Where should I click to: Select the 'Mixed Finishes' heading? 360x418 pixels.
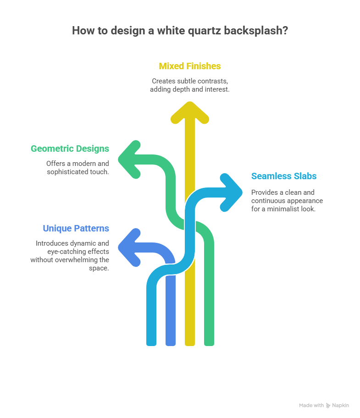point(190,66)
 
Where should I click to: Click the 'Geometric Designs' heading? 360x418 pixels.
point(70,148)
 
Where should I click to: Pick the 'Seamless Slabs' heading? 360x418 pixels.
point(284,176)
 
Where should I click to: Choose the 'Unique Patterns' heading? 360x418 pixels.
point(76,228)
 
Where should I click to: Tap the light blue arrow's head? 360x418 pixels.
point(231,192)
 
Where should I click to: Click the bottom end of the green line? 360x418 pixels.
point(209,342)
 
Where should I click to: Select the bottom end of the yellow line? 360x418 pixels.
point(190,342)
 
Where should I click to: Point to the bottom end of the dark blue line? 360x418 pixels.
point(171,342)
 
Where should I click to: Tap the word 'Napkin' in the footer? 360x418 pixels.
point(341,405)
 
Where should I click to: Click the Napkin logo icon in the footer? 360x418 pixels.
point(328,405)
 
